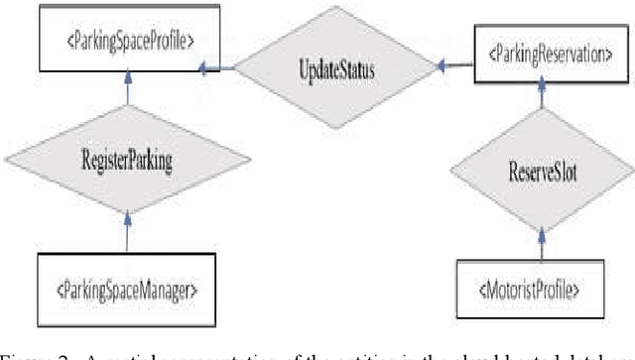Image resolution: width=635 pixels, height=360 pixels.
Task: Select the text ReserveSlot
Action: point(540,171)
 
